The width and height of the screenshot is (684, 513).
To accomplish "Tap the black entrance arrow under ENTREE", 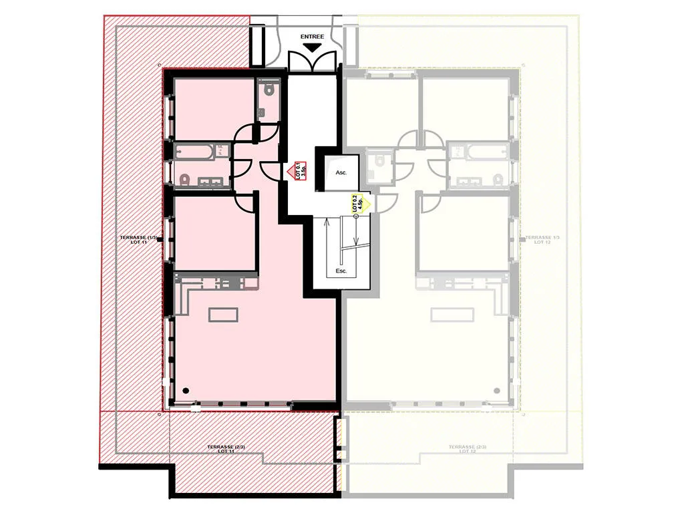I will [x=311, y=48].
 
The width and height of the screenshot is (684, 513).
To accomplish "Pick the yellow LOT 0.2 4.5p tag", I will [x=359, y=202].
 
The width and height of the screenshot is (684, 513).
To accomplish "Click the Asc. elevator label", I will [x=341, y=172].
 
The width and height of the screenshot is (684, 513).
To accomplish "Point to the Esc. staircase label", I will [x=341, y=272].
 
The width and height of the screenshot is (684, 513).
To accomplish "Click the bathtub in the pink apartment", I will [x=197, y=152].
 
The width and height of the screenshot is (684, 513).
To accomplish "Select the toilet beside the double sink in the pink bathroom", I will [x=186, y=179].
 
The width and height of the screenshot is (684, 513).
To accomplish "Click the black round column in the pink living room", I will [x=186, y=391].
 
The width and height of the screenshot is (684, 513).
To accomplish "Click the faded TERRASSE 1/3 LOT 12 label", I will [x=542, y=240].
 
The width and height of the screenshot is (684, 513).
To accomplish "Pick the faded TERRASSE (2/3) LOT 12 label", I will [x=468, y=449].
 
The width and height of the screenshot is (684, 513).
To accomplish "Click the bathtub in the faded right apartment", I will [x=481, y=152].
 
